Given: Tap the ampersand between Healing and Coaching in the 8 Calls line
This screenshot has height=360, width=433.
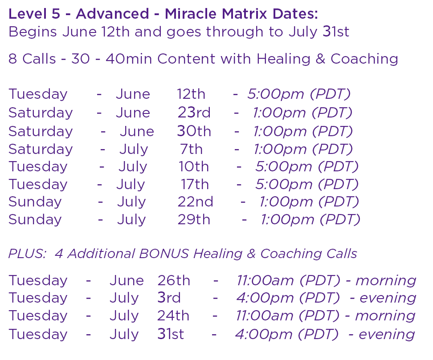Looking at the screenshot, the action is pyautogui.click(x=320, y=59).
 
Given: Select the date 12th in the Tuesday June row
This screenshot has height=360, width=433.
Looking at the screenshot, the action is pyautogui.click(x=191, y=94).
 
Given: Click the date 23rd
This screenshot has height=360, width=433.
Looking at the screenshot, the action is pyautogui.click(x=194, y=113).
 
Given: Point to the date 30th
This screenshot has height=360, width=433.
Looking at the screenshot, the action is pyautogui.click(x=194, y=131).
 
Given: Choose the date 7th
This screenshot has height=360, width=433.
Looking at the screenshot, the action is pyautogui.click(x=192, y=149).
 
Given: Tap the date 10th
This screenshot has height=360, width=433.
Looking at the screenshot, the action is pyautogui.click(x=194, y=166).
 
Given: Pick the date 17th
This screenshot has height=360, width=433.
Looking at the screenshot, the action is pyautogui.click(x=195, y=184).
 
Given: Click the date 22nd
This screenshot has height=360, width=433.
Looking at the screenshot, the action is pyautogui.click(x=196, y=202).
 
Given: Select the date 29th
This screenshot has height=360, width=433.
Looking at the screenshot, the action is pyautogui.click(x=194, y=219).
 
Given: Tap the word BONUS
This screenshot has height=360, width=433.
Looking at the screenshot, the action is pyautogui.click(x=164, y=254).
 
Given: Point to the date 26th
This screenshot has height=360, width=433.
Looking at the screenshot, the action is pyautogui.click(x=174, y=280).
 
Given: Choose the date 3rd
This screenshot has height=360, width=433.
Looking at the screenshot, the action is pyautogui.click(x=169, y=298).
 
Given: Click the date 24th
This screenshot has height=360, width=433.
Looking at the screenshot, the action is pyautogui.click(x=173, y=316).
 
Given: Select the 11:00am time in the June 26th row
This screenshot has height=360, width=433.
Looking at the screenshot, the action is pyautogui.click(x=265, y=280).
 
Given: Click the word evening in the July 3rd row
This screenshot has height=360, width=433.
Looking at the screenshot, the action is pyautogui.click(x=388, y=298).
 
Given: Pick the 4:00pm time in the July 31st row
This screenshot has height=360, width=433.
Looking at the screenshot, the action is pyautogui.click(x=263, y=335).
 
